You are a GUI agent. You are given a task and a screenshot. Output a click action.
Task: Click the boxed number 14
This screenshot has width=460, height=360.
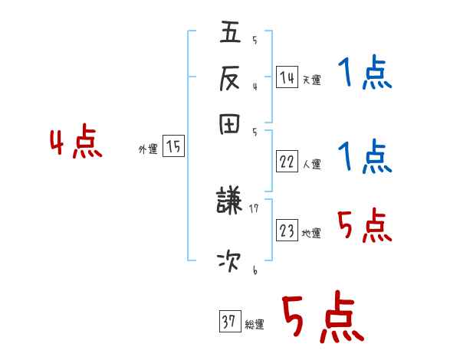pyautogui.click(x=287, y=77)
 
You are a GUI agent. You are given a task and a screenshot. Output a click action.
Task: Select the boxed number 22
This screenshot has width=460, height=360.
pyautogui.click(x=287, y=162)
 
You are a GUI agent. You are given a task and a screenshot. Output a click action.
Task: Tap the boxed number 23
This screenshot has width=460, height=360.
pyautogui.click(x=287, y=231)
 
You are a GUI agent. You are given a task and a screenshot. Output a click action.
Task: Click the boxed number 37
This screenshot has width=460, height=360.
pyautogui.click(x=229, y=322)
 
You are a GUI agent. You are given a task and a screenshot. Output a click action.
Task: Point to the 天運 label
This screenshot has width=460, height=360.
pyautogui.click(x=312, y=80)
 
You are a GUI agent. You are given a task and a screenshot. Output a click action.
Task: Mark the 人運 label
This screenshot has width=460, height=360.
pyautogui.click(x=312, y=164)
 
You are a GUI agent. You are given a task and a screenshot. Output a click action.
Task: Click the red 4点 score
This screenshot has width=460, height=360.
pyautogui.click(x=76, y=143)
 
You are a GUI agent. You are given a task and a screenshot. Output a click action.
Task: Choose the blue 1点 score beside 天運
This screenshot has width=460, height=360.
pyautogui.click(x=364, y=75)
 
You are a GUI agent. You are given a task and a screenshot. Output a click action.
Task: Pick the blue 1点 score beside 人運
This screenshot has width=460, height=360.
pyautogui.click(x=364, y=156)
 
